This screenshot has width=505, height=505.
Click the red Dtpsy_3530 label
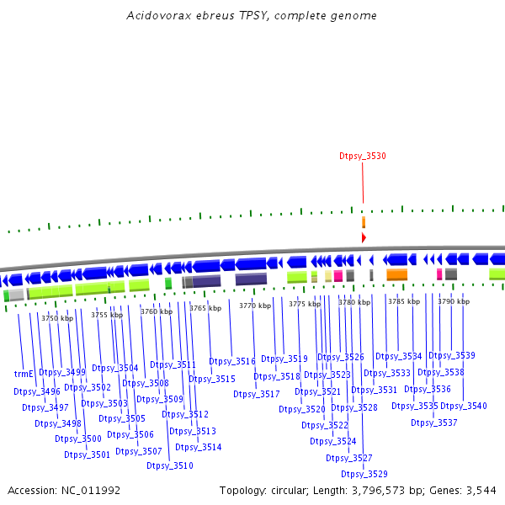pos(363,157)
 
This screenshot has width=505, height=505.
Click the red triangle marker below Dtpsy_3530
pos(364,238)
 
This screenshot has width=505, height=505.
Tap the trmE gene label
pos(24,373)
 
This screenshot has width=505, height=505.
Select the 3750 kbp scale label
pos(57,318)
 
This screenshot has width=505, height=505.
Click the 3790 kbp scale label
pos(453,301)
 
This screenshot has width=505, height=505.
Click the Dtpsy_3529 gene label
pos(364,474)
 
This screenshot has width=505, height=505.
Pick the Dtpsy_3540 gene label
pos(464,406)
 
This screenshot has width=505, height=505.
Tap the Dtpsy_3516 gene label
pos(232,361)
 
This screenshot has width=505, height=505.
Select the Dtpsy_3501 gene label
pos(88,454)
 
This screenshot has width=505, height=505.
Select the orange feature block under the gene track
pos(396,274)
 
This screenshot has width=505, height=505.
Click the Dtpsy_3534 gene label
pos(399,356)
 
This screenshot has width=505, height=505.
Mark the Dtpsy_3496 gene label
pos(37,391)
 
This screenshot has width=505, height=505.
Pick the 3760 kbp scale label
pos(157,311)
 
